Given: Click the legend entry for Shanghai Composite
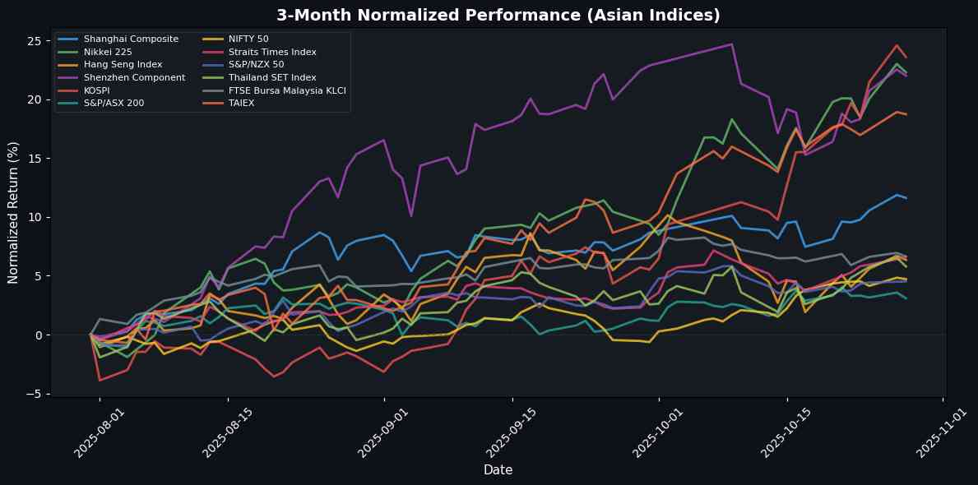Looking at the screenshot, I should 131,39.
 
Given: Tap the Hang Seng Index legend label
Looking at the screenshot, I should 123,64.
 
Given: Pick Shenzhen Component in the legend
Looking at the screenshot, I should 134,77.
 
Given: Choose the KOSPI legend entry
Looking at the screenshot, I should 97,90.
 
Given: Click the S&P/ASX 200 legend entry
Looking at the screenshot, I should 114,103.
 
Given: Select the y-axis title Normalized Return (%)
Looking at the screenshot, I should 13,212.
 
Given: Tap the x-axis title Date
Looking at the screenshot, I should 498,469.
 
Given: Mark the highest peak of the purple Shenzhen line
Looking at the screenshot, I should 732,44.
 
